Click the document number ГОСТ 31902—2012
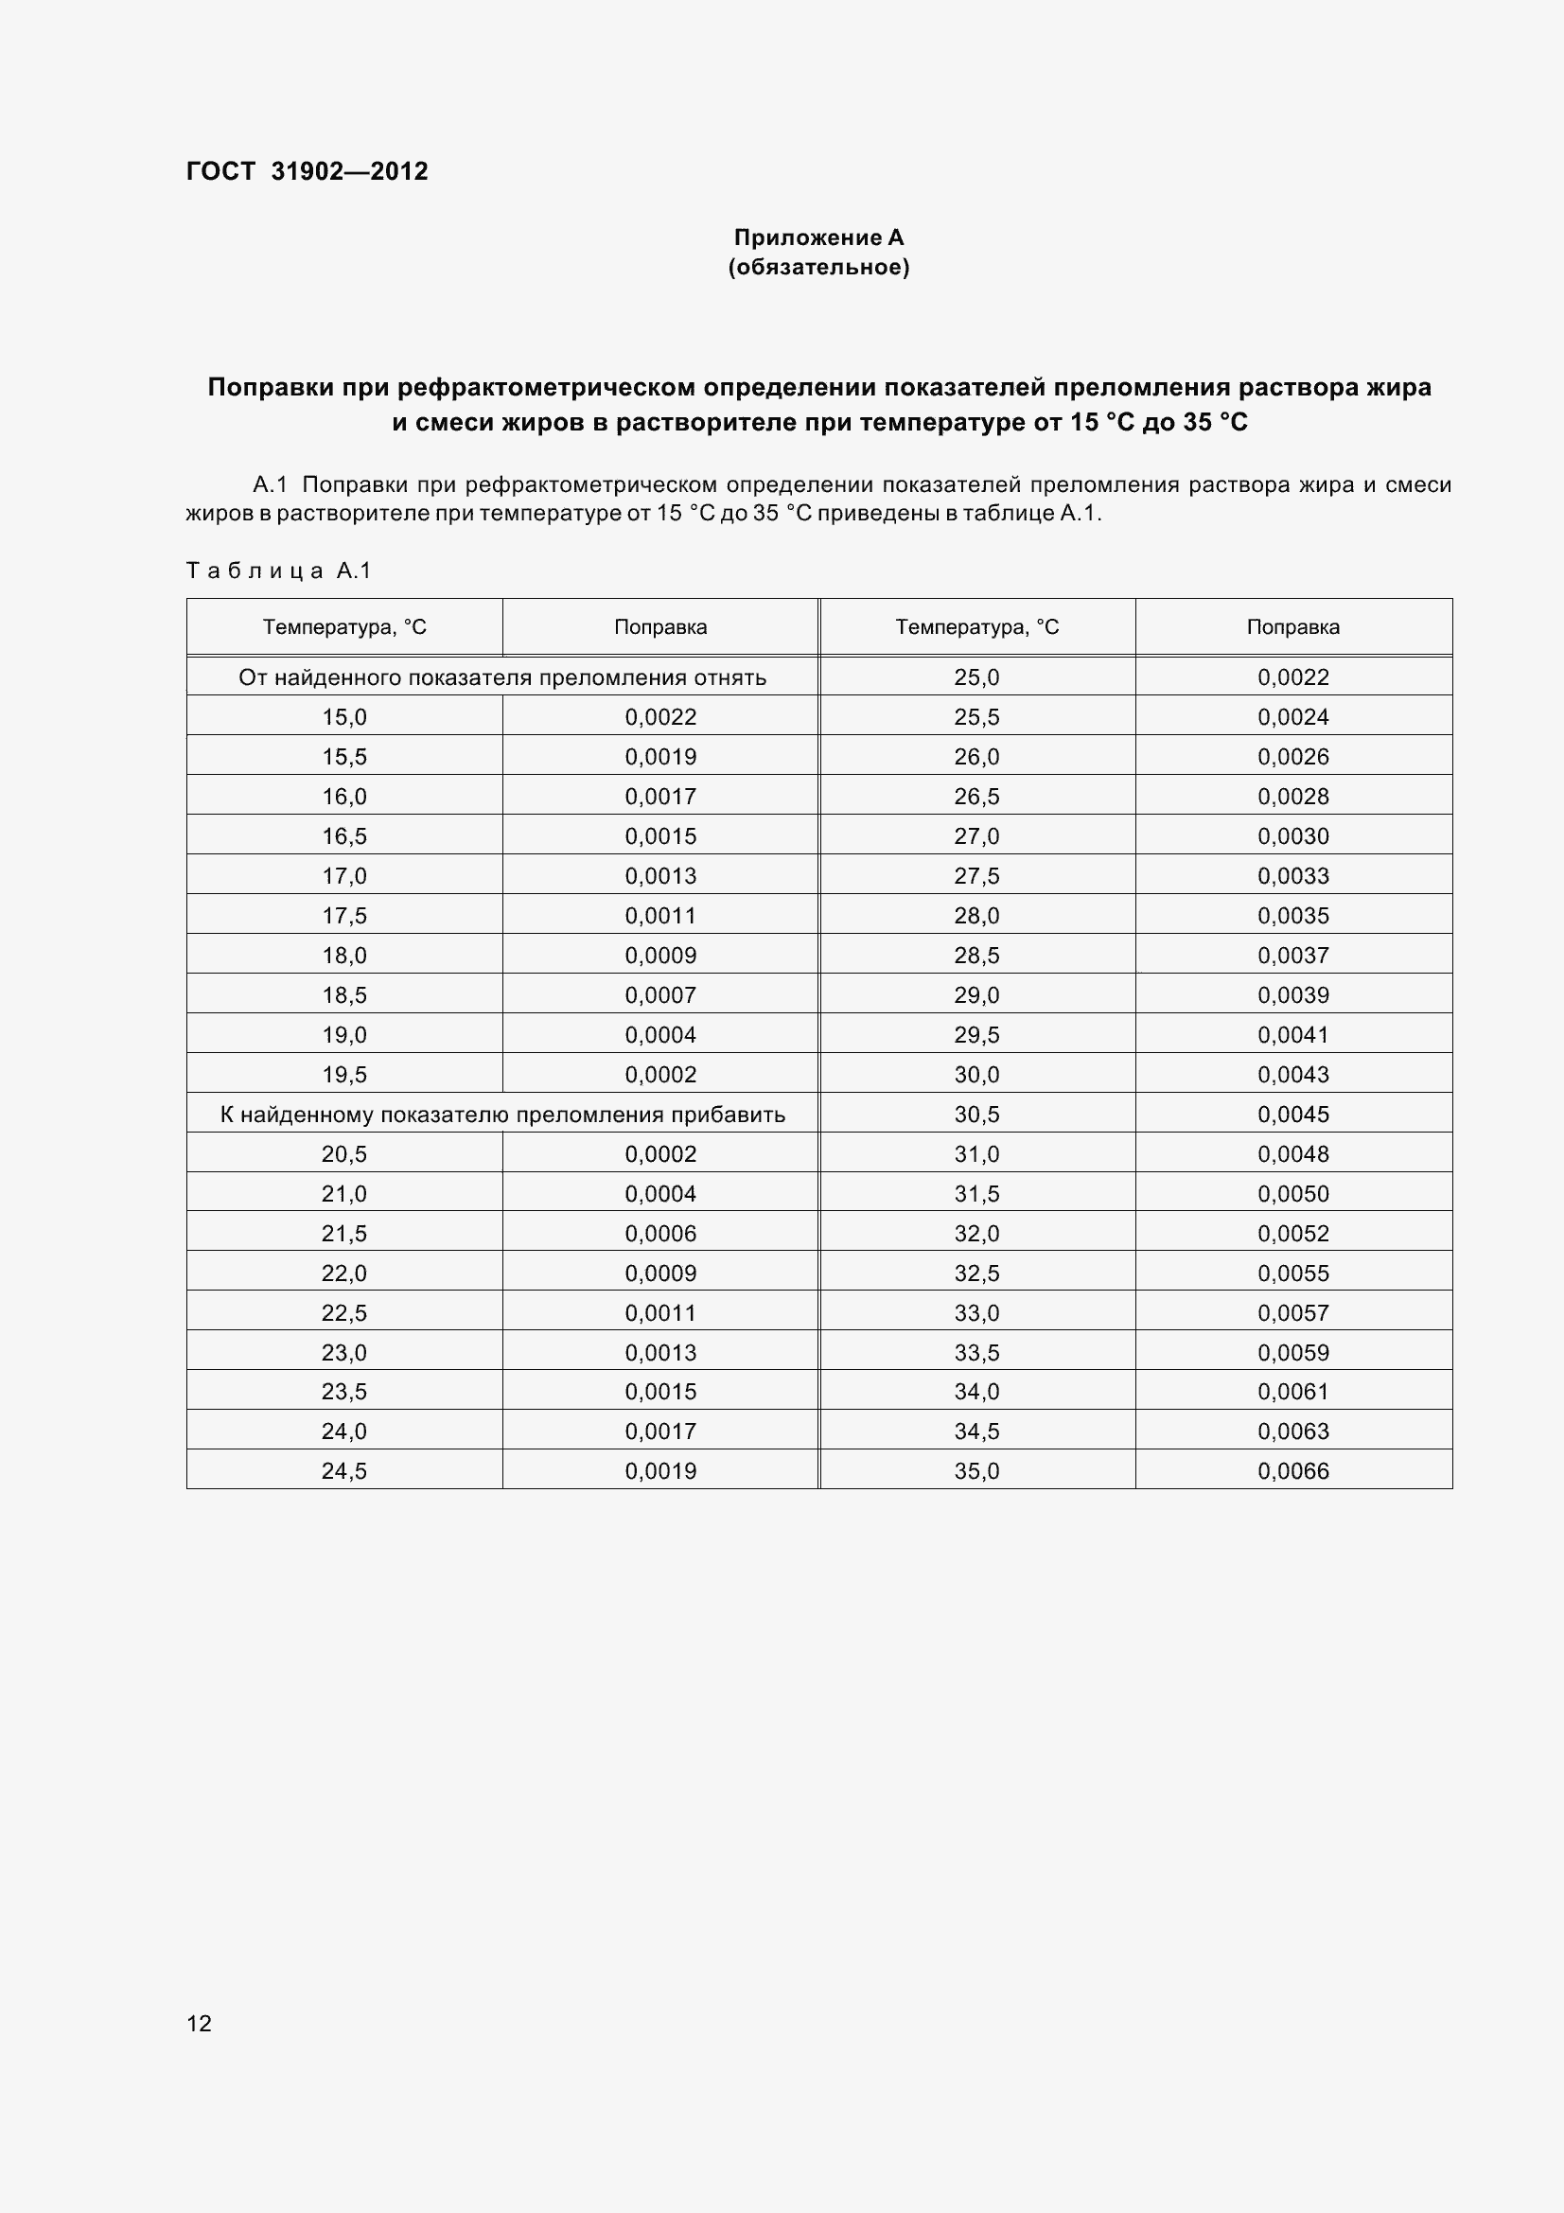[307, 171]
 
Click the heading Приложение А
[818, 237]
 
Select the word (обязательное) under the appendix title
[818, 267]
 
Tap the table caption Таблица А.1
[278, 571]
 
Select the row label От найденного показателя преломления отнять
[502, 677]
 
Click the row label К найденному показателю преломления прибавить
[502, 1115]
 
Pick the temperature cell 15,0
[344, 717]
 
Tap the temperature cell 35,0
[976, 1471]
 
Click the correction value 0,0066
[1292, 1471]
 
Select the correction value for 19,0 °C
[660, 1035]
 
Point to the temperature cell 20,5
[344, 1153]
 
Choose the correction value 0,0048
[1292, 1153]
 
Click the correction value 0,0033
[1292, 876]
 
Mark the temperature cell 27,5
[976, 876]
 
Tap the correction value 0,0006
[660, 1234]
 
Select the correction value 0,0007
[660, 994]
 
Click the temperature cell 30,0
[976, 1075]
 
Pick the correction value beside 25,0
[1292, 677]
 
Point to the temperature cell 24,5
[344, 1471]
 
